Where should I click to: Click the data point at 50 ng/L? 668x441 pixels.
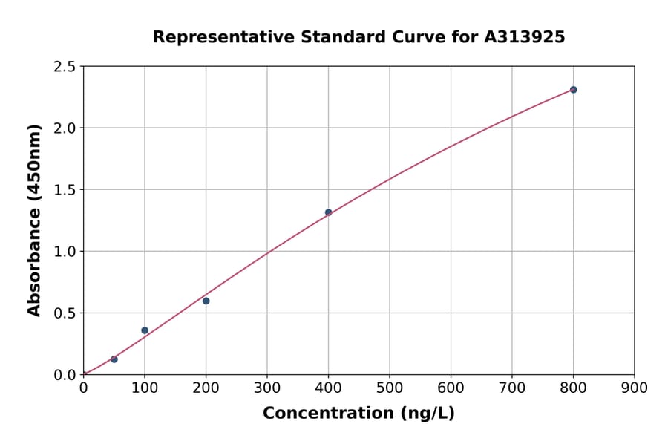(114, 359)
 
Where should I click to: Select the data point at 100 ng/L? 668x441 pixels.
(145, 330)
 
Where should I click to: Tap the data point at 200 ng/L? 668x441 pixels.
(206, 301)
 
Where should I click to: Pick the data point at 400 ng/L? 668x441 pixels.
(328, 212)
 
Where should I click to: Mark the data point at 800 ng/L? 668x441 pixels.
(573, 90)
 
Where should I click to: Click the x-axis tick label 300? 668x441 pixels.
(267, 388)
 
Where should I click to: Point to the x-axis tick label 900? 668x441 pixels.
(634, 388)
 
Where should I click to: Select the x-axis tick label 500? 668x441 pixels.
(390, 388)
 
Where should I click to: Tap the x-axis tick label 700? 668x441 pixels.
(512, 388)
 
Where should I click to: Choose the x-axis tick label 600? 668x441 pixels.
(451, 388)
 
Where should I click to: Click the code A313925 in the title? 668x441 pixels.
(525, 36)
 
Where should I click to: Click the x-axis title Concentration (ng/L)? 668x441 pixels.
(358, 413)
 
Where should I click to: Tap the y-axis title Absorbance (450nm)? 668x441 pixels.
(34, 220)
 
